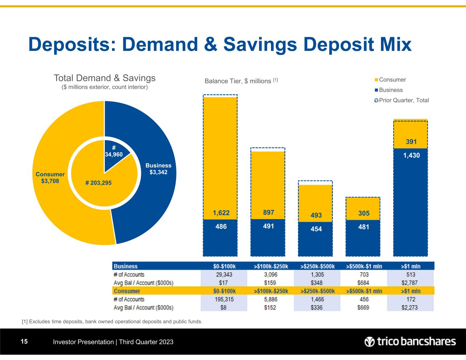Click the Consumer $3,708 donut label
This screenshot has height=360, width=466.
pyautogui.click(x=50, y=177)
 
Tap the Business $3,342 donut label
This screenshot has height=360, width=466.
pyautogui.click(x=158, y=169)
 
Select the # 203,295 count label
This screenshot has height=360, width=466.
pyautogui.click(x=98, y=183)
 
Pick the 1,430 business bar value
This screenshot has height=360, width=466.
pyautogui.click(x=411, y=155)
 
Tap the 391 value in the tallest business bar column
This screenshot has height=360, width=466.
pyautogui.click(x=411, y=142)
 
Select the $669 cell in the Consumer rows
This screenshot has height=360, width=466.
pyautogui.click(x=364, y=307)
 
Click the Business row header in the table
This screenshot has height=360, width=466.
pyautogui.click(x=126, y=267)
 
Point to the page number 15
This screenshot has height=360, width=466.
pyautogui.click(x=24, y=342)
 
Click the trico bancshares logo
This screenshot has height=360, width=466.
pyautogui.click(x=410, y=342)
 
